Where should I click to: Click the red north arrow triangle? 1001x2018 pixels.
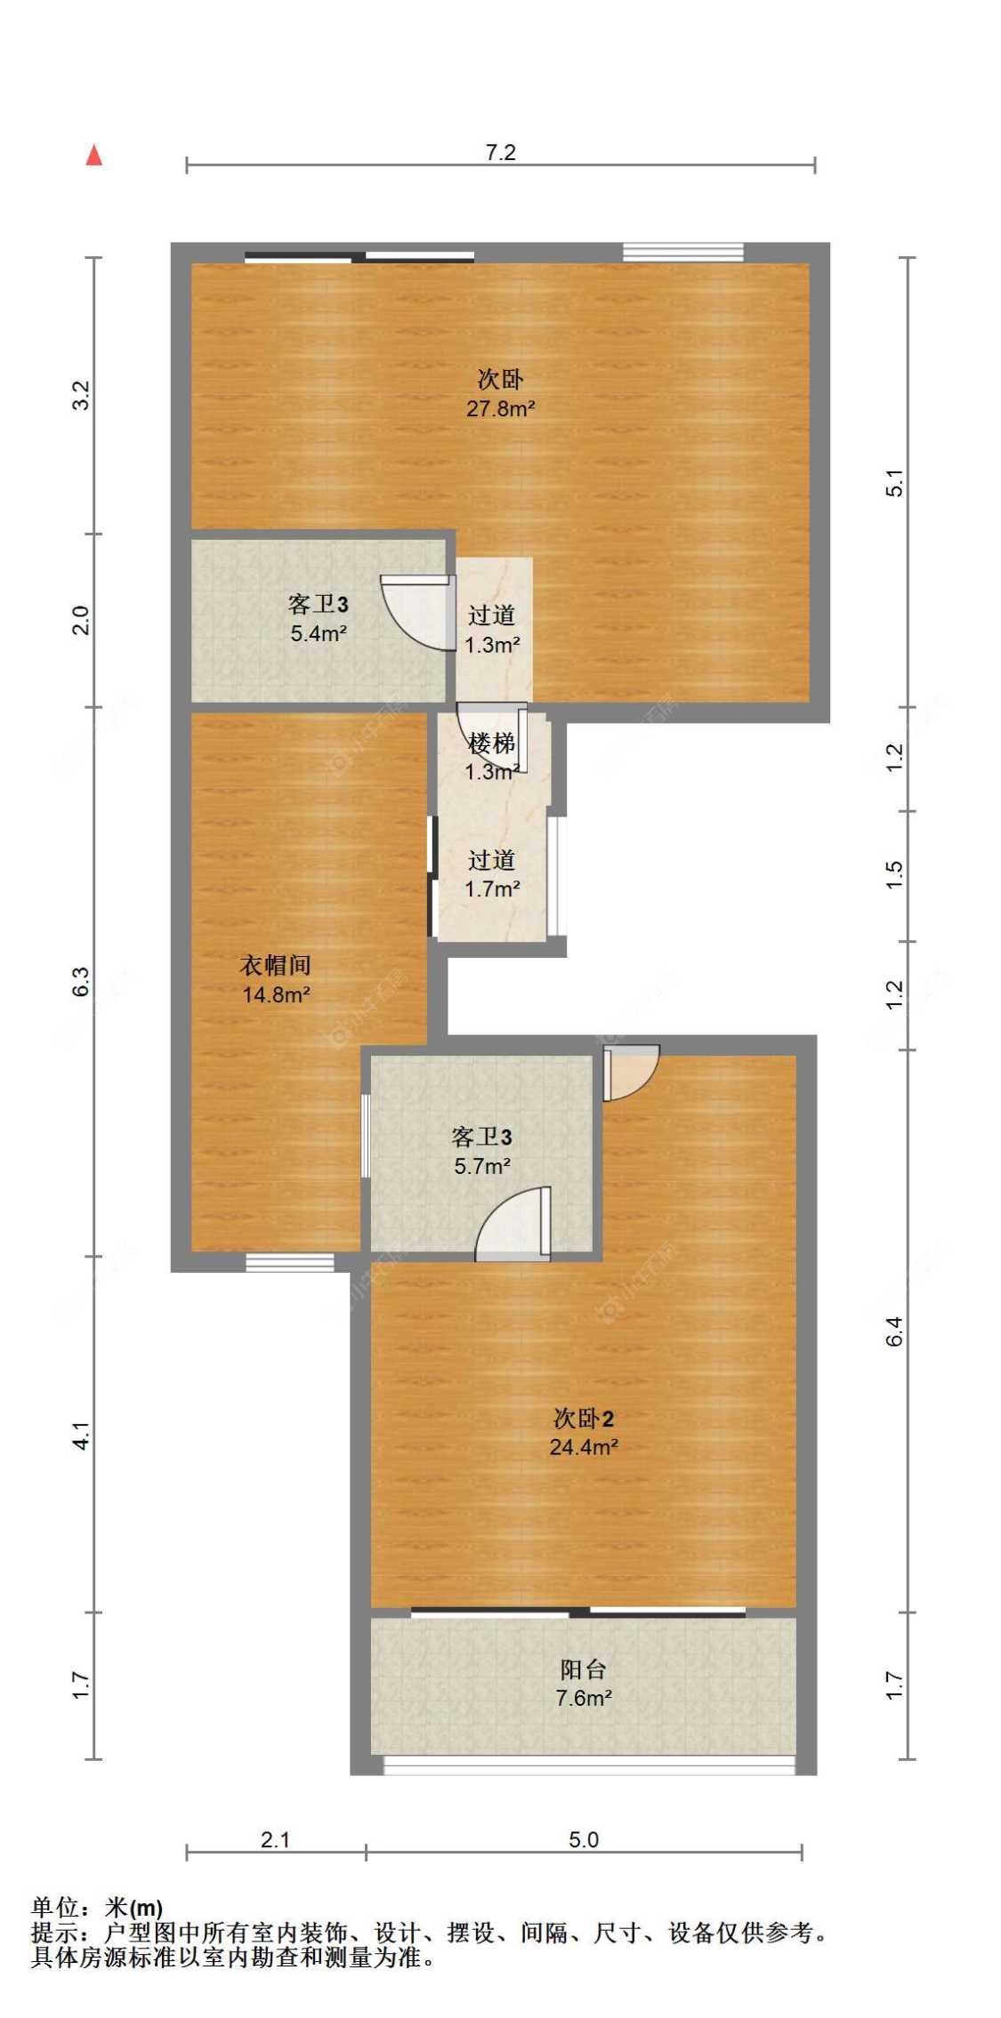coord(93,156)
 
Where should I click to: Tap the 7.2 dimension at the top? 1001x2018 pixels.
coord(500,153)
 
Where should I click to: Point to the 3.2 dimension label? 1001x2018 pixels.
coord(81,395)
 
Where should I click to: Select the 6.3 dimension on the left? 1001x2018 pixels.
coord(81,981)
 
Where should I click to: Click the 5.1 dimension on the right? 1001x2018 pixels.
coord(894,482)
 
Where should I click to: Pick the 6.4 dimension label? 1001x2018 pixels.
coord(894,1331)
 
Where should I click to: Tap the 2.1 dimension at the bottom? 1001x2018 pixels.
coord(275,1839)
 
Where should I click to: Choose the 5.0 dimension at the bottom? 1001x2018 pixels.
coord(584,1839)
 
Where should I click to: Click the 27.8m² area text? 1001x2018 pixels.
coord(500,409)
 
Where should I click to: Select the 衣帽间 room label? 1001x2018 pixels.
coord(276,965)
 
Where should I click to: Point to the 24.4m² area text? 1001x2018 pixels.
coord(584,1447)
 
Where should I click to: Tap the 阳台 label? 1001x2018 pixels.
coord(584,1669)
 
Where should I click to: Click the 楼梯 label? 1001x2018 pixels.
coord(491,743)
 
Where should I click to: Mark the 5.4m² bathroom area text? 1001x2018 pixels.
coord(318,634)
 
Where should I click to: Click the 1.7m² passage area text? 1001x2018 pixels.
coord(492,888)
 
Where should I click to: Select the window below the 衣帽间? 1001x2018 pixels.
coord(290,1262)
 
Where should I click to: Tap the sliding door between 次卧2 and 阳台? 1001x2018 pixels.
coord(578,1612)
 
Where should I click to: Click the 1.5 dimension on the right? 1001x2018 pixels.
coord(894,875)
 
